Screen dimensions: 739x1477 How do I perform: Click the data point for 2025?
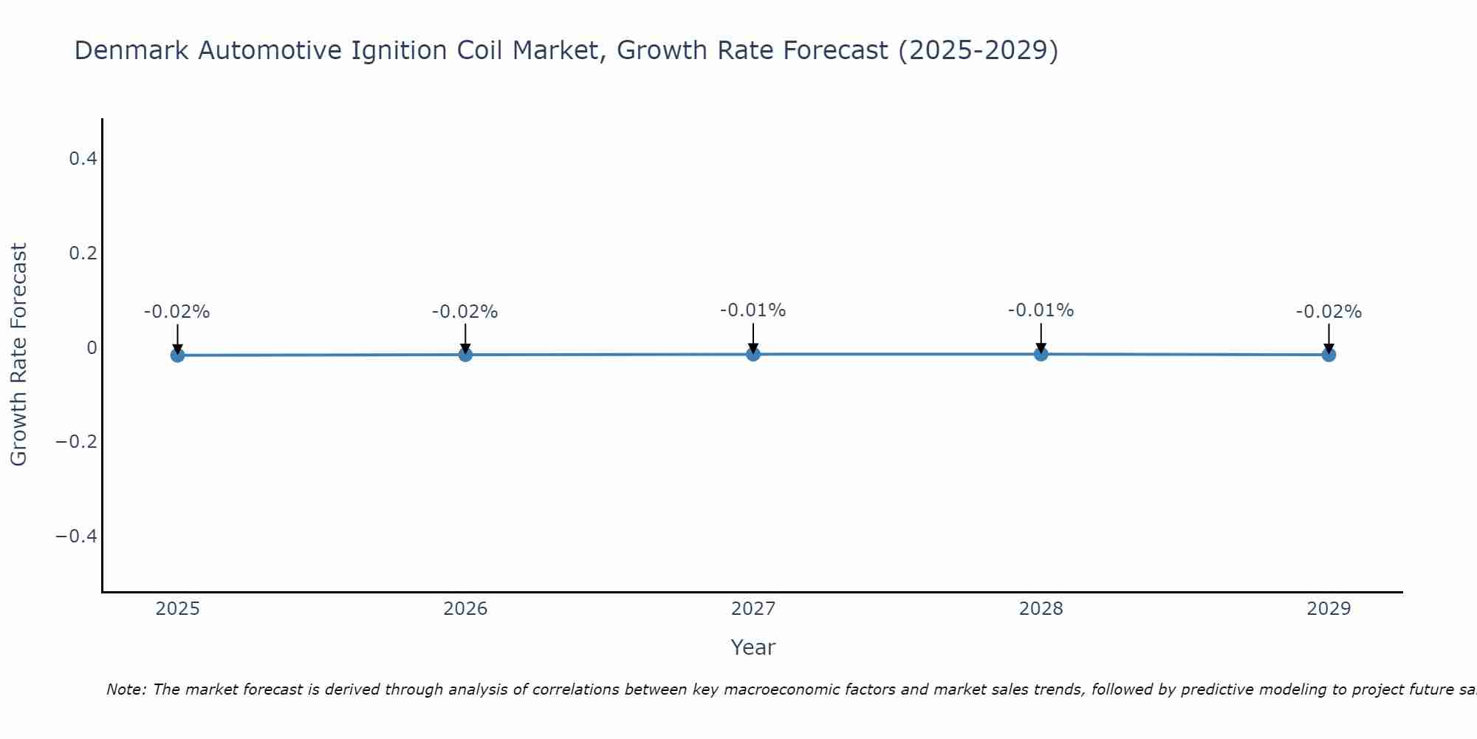click(x=177, y=355)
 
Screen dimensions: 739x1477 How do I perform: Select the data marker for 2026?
click(x=465, y=355)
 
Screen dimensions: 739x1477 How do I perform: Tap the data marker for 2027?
click(x=753, y=354)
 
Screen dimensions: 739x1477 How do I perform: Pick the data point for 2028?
click(x=1041, y=354)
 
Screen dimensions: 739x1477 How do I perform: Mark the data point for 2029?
click(x=1329, y=355)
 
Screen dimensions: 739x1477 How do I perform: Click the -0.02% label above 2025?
click(x=177, y=312)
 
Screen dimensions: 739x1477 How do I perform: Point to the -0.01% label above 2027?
click(x=753, y=310)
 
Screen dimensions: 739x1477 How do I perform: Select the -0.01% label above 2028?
click(x=1041, y=310)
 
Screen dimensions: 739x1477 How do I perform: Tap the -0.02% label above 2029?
click(x=1329, y=312)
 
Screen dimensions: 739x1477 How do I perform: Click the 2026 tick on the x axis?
click(x=465, y=609)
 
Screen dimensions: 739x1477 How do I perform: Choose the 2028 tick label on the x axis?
click(x=1041, y=609)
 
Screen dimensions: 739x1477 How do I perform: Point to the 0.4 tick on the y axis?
click(x=83, y=159)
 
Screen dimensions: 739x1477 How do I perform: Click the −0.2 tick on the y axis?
click(x=77, y=442)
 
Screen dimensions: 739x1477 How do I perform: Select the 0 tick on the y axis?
click(x=92, y=347)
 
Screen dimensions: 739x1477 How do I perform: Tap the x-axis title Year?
click(x=753, y=647)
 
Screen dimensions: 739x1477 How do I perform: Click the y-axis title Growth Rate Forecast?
click(x=19, y=355)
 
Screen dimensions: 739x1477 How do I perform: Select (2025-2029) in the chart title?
click(x=978, y=51)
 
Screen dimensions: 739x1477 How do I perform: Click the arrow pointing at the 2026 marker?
click(x=465, y=338)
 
